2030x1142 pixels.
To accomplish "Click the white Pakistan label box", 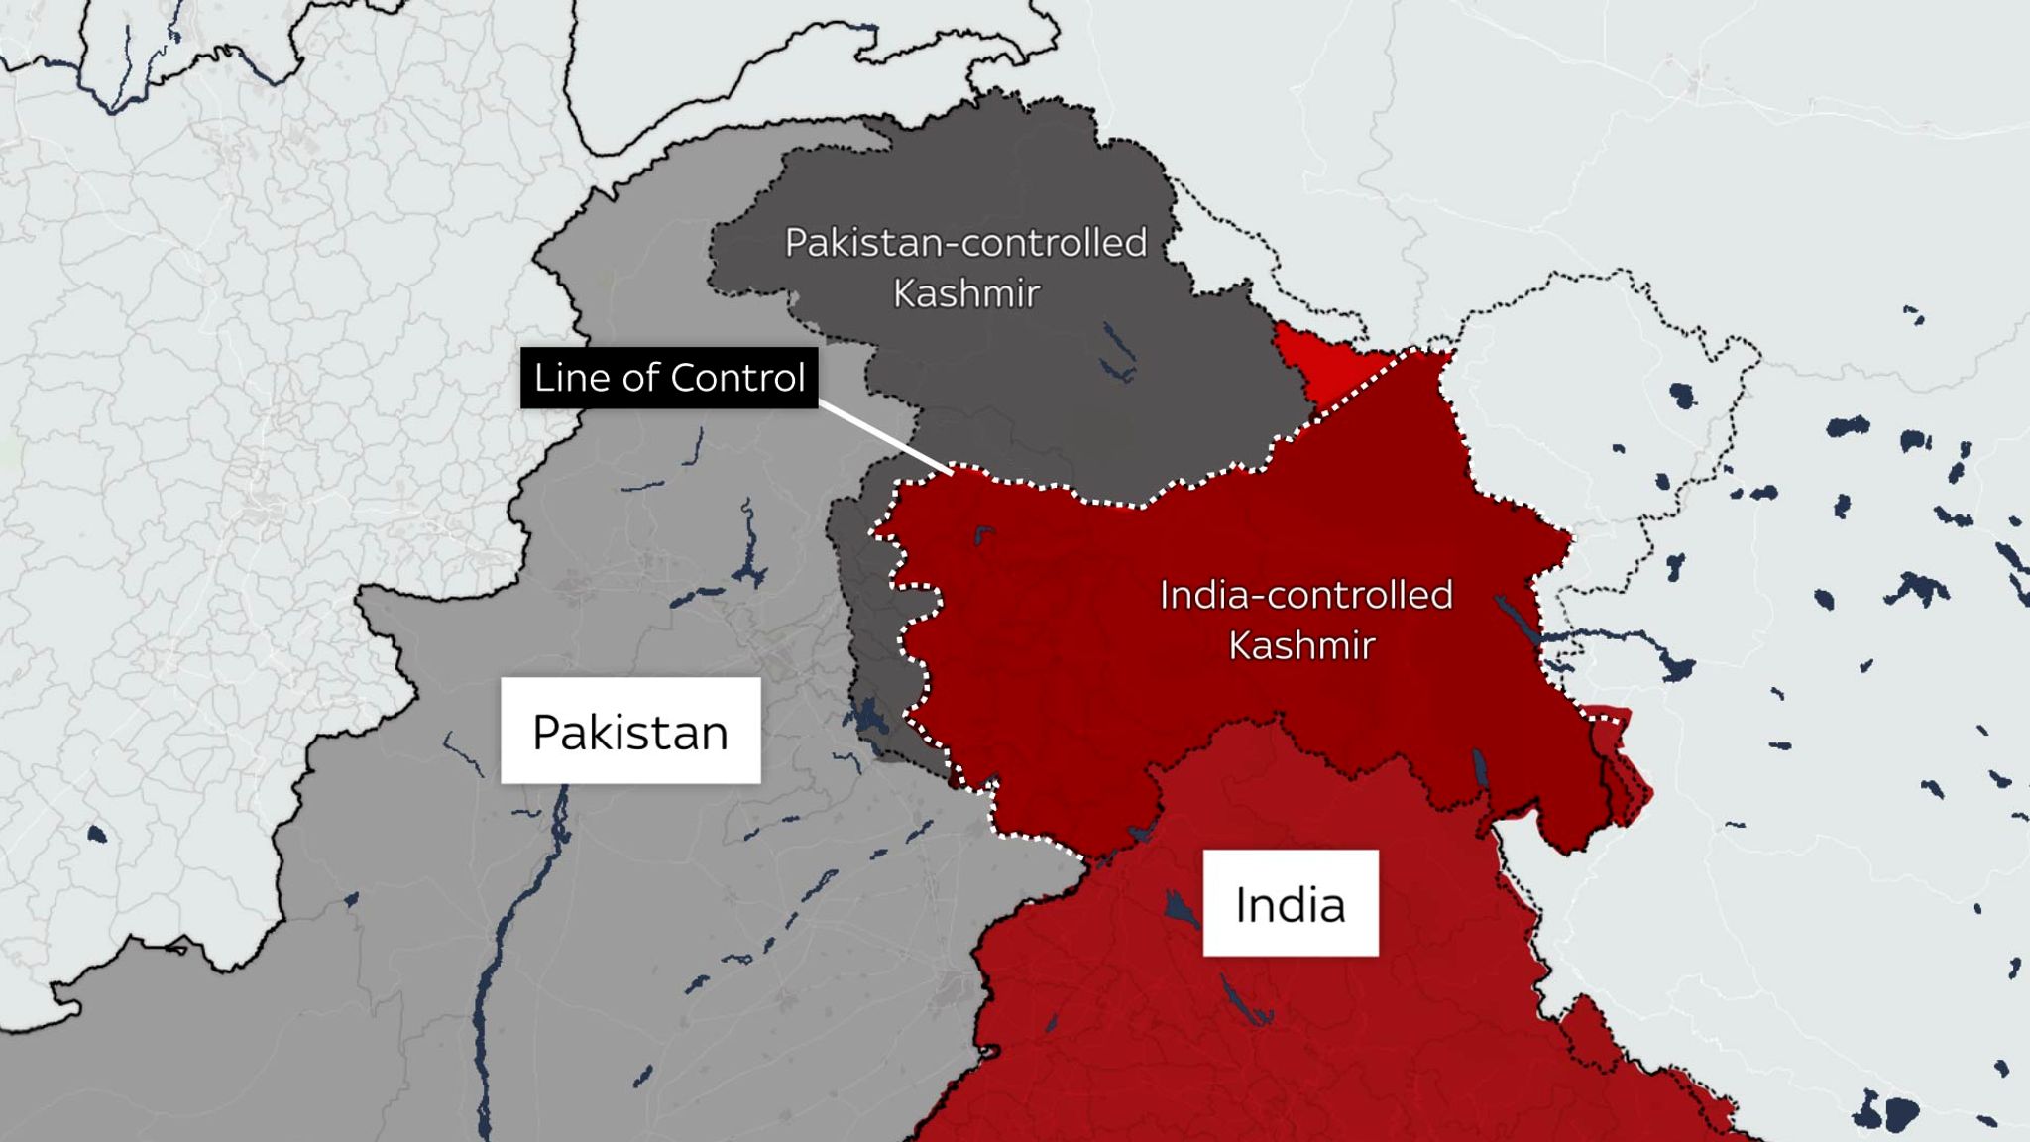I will point(630,731).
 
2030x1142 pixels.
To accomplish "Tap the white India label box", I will point(1290,903).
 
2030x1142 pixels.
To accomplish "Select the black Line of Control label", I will point(669,378).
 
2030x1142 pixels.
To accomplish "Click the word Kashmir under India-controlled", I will point(1301,645).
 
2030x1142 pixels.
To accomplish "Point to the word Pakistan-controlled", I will point(965,243).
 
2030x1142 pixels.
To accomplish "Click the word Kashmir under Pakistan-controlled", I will point(965,293).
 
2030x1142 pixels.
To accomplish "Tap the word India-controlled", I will point(1305,595).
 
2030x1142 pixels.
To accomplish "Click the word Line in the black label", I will point(564,378).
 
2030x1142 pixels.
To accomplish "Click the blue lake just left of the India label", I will point(1179,906).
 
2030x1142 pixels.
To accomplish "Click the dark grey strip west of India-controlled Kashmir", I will point(872,634).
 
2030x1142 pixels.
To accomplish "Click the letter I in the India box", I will point(1241,904).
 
